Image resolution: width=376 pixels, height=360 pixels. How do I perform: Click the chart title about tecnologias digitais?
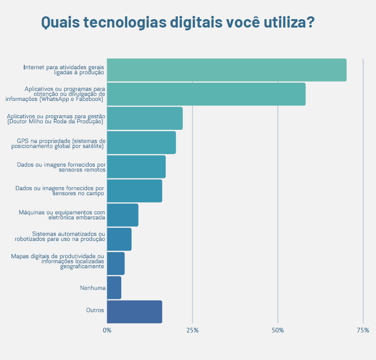click(178, 22)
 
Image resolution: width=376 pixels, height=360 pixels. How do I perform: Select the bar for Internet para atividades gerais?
click(226, 70)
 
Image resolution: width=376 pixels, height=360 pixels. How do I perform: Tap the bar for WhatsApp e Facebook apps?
click(206, 94)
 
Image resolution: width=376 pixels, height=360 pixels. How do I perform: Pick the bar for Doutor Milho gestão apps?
click(145, 119)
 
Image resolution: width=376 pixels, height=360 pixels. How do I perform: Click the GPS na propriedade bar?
click(141, 143)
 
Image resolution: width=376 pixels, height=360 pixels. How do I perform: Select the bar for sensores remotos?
click(136, 167)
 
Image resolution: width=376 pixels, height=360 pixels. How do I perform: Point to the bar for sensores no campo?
click(134, 191)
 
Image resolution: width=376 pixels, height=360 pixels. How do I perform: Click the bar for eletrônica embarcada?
click(123, 215)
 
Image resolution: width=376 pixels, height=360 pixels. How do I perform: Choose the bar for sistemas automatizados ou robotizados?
click(119, 240)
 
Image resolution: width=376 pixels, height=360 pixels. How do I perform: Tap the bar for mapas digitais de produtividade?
click(116, 264)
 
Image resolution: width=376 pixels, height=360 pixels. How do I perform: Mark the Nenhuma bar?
click(114, 288)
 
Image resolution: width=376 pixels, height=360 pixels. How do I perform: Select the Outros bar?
click(134, 312)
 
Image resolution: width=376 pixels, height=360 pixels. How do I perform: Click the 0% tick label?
click(107, 330)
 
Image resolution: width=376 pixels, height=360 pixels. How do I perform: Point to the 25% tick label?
click(192, 330)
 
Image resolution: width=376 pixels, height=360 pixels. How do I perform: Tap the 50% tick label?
click(278, 330)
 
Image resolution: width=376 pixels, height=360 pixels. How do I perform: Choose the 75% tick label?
click(362, 330)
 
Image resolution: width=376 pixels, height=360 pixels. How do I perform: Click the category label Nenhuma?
click(93, 288)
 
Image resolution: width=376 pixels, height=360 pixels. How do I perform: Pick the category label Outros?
click(95, 310)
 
